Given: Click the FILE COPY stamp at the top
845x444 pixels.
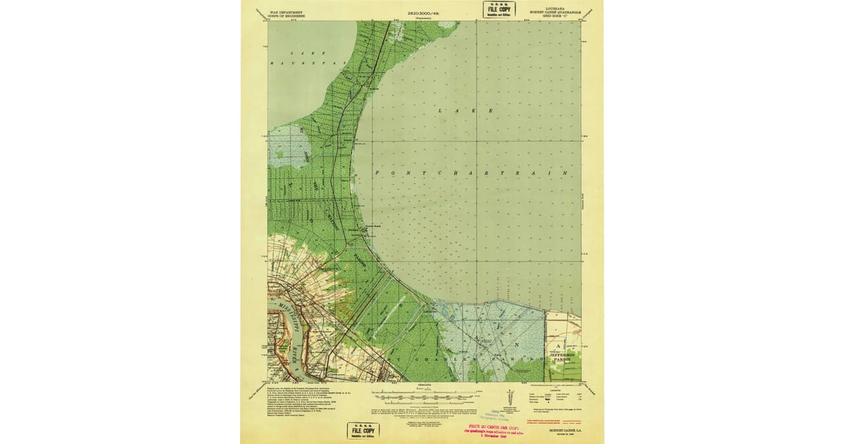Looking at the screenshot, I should [x=498, y=9].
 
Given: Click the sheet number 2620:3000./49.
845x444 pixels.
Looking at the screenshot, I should [x=423, y=13].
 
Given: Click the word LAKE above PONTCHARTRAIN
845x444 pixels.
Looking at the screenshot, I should [x=464, y=111].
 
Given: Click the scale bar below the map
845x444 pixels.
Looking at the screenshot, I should [x=423, y=392].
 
